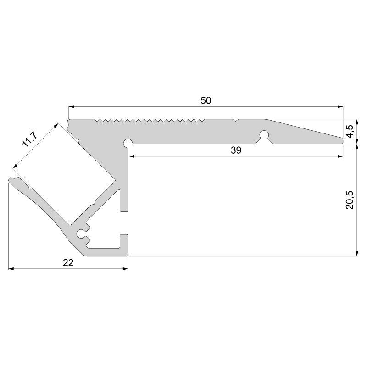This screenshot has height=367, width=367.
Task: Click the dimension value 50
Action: [x=206, y=101]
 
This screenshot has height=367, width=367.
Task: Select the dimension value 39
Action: [x=236, y=150]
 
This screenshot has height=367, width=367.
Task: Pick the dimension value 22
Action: [x=68, y=262]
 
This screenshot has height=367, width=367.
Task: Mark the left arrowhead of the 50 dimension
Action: [x=72, y=107]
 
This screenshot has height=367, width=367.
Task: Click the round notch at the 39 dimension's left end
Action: [x=128, y=143]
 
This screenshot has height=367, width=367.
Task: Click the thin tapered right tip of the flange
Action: [x=339, y=140]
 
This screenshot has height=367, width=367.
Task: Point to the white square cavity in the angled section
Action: [x=64, y=174]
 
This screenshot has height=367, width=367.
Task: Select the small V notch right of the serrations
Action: [x=235, y=120]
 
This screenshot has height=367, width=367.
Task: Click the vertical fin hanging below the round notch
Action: [x=123, y=197]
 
